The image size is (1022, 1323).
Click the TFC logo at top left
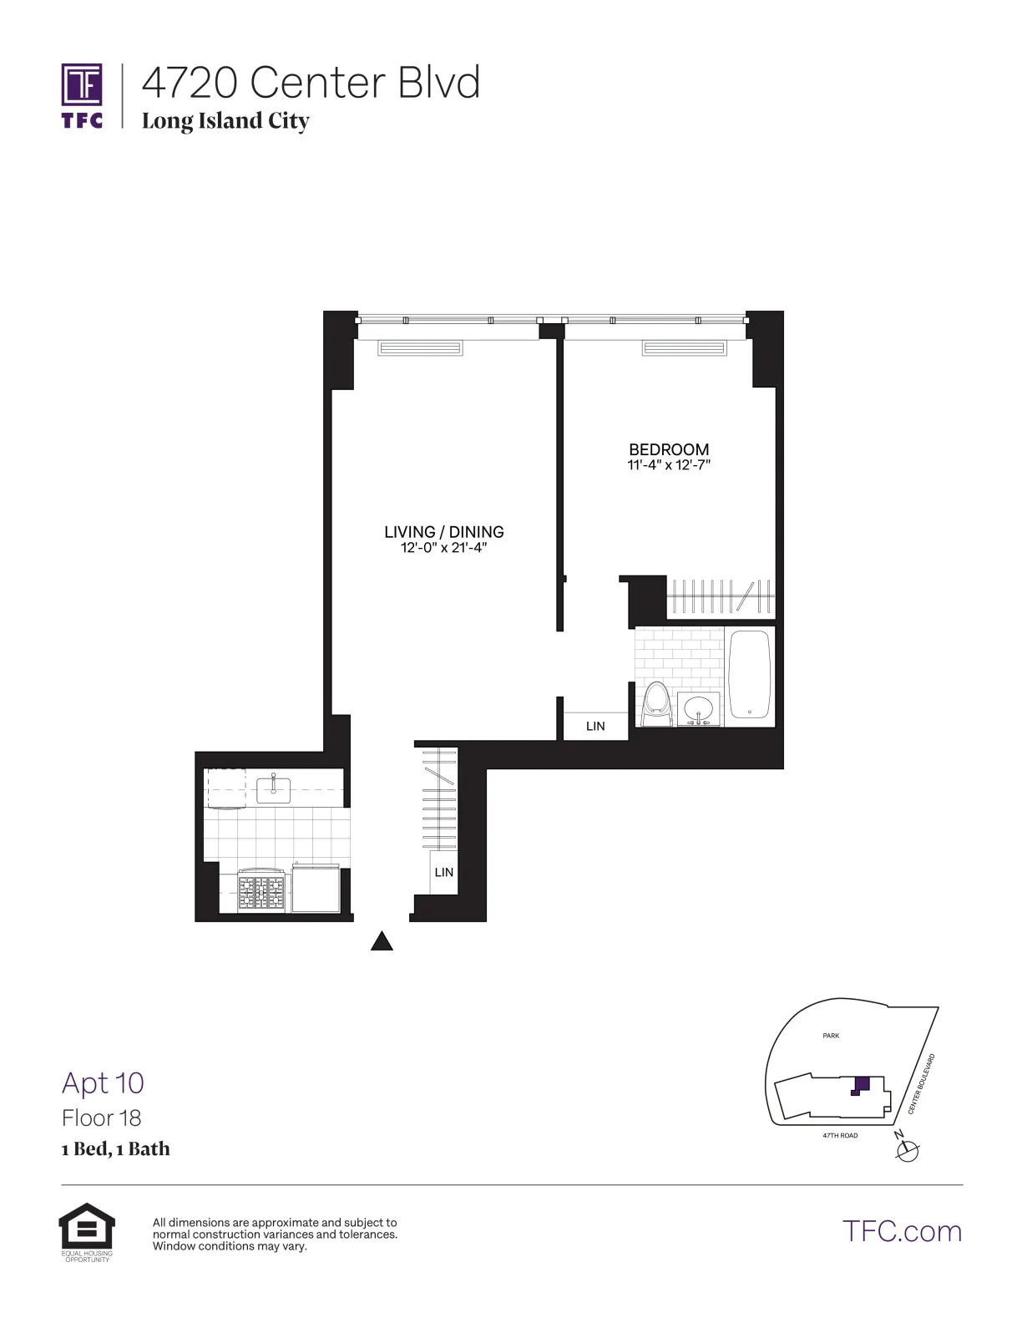(82, 95)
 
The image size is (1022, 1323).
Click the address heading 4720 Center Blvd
(311, 83)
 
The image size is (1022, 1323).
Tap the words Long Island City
(225, 121)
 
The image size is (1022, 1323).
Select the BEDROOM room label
(669, 449)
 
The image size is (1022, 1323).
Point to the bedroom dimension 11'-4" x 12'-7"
(669, 465)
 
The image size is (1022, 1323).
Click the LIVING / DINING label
(443, 532)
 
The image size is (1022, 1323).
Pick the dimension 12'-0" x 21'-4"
(443, 548)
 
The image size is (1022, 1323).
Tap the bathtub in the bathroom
(749, 675)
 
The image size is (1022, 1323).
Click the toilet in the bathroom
(657, 703)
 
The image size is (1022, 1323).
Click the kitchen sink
(273, 788)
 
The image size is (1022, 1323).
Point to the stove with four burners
(261, 892)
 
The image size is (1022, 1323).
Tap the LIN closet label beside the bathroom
(595, 727)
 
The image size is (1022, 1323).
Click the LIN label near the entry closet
(443, 873)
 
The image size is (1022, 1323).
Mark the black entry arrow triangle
(382, 942)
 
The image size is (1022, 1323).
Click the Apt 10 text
(103, 1083)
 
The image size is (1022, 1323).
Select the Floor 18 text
(101, 1118)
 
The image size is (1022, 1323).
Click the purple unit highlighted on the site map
(861, 1086)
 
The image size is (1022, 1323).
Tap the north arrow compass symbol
(906, 1150)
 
